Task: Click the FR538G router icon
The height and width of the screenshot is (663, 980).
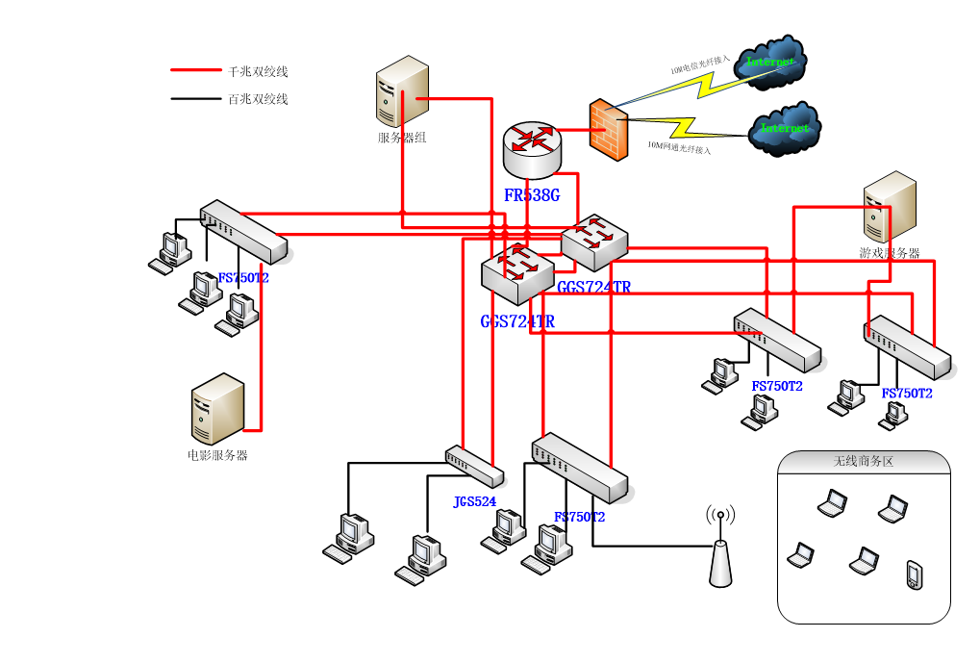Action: tap(530, 148)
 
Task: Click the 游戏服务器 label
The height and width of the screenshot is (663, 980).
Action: tap(890, 253)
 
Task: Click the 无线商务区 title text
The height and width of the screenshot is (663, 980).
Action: tap(863, 462)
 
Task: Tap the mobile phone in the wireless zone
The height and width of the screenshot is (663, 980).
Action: tap(914, 574)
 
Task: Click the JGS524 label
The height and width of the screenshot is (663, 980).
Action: tap(475, 501)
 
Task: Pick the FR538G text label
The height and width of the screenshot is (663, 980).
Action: tap(532, 195)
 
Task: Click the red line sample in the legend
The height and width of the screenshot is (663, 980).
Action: tap(195, 70)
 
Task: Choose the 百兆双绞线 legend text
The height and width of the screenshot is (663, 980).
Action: tap(258, 99)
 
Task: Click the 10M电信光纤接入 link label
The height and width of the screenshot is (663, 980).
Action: tap(700, 64)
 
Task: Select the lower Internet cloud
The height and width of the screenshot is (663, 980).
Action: tap(785, 129)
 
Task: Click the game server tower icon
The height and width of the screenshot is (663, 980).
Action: tap(890, 207)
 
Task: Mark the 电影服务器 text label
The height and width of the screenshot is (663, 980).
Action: tap(217, 455)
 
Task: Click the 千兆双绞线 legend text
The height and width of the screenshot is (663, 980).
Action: tap(258, 71)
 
